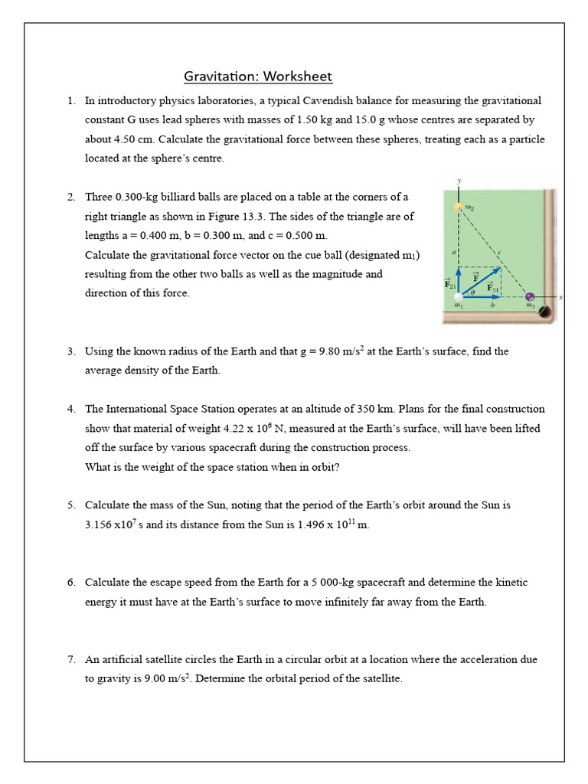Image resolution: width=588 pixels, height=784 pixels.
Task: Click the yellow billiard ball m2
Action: [458, 207]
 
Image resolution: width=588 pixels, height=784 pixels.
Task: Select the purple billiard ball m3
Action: [528, 297]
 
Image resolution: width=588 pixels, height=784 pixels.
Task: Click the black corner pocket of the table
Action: [545, 311]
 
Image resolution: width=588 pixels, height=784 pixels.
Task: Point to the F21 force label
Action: [449, 283]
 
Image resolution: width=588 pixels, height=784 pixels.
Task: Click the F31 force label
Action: [495, 289]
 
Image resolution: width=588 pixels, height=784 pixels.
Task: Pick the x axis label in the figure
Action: [560, 298]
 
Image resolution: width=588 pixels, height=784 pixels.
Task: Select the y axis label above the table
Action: [459, 181]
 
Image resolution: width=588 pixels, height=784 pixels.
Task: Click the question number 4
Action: [70, 410]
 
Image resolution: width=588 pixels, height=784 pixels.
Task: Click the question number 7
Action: [70, 659]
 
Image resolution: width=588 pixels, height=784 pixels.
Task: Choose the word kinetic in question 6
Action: [511, 583]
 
